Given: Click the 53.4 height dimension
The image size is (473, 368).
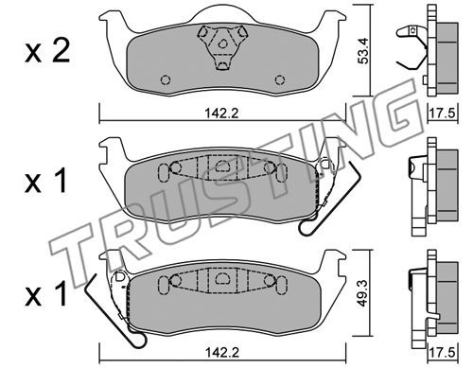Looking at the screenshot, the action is [363, 51].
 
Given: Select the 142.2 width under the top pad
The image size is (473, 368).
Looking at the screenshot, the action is [222, 113].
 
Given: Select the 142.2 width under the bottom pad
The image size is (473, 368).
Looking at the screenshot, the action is [222, 352].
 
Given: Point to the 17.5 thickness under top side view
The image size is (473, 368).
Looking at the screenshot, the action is [443, 113].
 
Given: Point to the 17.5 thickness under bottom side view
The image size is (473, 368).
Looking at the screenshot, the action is [443, 352].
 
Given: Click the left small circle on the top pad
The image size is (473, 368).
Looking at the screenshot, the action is [166, 80].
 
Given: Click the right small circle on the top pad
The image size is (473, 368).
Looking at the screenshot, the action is [280, 80].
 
